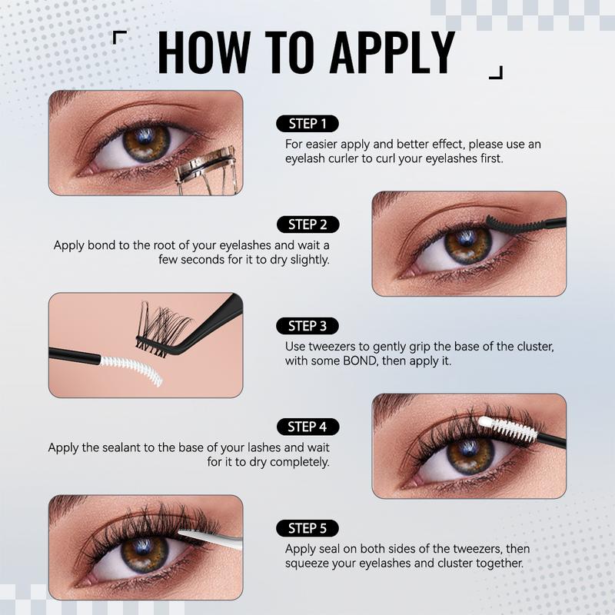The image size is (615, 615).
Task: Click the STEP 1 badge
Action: click(x=307, y=123)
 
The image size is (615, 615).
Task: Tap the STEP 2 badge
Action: click(x=307, y=224)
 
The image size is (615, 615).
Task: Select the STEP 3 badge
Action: click(x=307, y=325)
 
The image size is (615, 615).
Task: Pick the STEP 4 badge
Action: click(x=307, y=427)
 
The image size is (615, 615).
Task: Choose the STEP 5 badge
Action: click(x=307, y=528)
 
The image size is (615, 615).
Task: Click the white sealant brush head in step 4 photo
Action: click(x=509, y=428)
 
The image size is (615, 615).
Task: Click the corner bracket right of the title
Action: click(x=496, y=72)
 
